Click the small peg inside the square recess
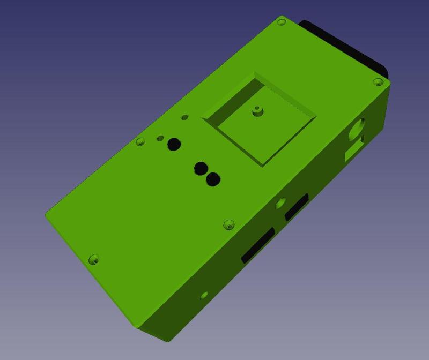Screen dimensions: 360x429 click(x=257, y=111)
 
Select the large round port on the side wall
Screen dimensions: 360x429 click(x=357, y=129)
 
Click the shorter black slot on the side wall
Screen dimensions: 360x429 click(x=297, y=207)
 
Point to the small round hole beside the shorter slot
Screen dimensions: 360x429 click(x=280, y=203)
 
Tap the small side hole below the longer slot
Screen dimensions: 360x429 click(x=204, y=295)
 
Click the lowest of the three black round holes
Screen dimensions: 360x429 click(x=213, y=179)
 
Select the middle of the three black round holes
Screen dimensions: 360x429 click(x=201, y=168)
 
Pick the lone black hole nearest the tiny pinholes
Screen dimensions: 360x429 click(x=174, y=144)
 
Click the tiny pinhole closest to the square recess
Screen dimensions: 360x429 click(x=185, y=117)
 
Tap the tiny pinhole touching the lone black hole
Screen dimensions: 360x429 click(x=160, y=138)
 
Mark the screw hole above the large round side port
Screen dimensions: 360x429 click(x=378, y=82)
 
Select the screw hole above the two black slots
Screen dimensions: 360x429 click(x=229, y=224)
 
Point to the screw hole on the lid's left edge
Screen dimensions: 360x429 click(x=140, y=142)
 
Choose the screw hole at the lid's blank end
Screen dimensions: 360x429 click(x=94, y=260)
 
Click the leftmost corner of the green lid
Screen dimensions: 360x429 click(x=46, y=214)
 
